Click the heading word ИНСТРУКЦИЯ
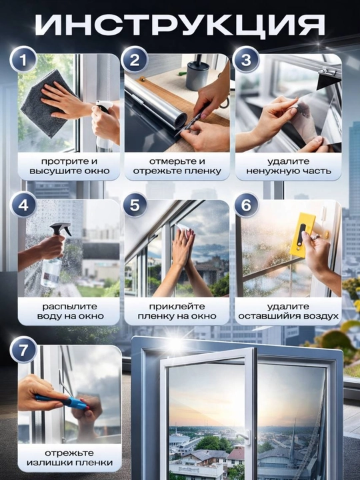tap(180, 26)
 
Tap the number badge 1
tap(23, 59)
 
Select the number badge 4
tap(23, 205)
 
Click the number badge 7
tap(23, 349)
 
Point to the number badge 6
tap(247, 205)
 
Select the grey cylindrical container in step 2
tap(198, 73)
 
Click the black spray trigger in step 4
tap(61, 229)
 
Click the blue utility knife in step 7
tap(62, 401)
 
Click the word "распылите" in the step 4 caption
tap(69, 307)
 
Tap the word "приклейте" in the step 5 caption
tap(177, 307)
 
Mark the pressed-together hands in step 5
tap(183, 248)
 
